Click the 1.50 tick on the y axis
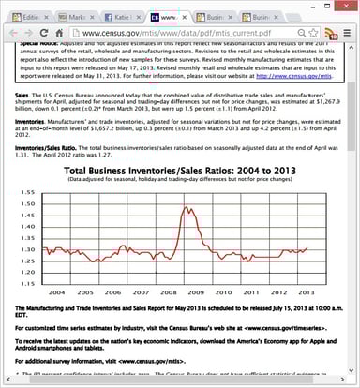pos(28,202)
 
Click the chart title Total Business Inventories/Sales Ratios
pos(179,172)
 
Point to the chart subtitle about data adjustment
pos(180,182)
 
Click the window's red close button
pos(348,7)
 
